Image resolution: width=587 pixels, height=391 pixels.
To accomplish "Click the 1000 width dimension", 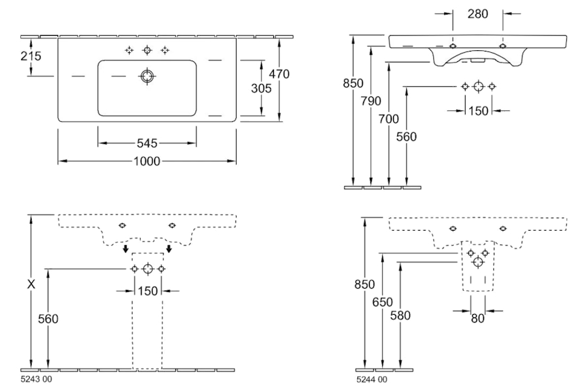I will [x=147, y=161].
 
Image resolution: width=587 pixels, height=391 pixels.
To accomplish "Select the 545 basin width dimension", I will [x=147, y=143].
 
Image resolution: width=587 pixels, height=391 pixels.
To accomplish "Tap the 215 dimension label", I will [x=31, y=57].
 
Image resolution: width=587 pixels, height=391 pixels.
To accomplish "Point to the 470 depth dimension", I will [x=278, y=74].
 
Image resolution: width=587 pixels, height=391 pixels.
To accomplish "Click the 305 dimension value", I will [x=260, y=89].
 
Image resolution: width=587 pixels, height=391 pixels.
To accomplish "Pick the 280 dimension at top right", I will [x=478, y=14].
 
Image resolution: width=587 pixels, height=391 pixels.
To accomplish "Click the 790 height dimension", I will [x=370, y=101].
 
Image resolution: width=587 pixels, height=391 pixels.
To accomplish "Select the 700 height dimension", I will [x=389, y=119].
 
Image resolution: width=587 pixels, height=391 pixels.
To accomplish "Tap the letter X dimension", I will [x=30, y=285].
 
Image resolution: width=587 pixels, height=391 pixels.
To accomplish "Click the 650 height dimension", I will [x=383, y=302].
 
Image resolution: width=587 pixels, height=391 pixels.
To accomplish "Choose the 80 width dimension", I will [x=479, y=319].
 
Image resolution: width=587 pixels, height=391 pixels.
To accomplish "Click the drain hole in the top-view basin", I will [x=147, y=77].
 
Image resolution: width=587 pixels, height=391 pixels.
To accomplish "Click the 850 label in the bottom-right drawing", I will [x=365, y=284].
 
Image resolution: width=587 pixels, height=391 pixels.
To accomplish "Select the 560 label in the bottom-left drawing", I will [x=48, y=319].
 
